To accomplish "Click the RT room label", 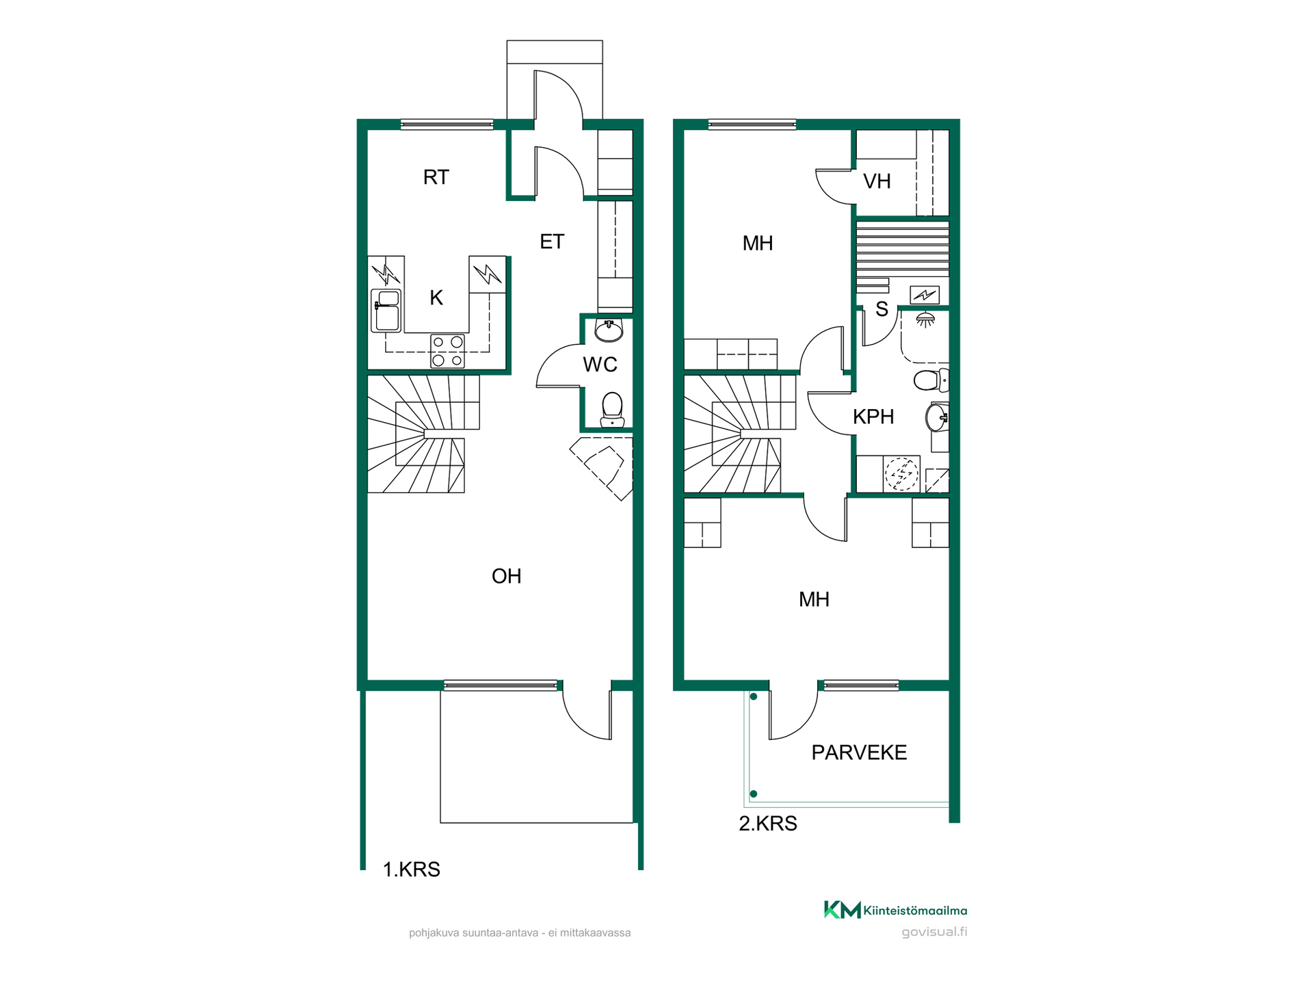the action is click(x=436, y=177).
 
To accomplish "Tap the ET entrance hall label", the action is click(x=552, y=241).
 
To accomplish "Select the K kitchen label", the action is click(x=436, y=298).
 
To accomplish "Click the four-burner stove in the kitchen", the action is click(x=448, y=351).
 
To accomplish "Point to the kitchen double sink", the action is click(x=386, y=311).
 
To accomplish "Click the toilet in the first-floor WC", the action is click(x=611, y=410).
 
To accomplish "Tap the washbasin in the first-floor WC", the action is click(x=609, y=330).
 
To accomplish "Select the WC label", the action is click(x=600, y=365).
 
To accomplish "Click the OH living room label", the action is click(x=506, y=576).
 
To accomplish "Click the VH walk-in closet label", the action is click(x=877, y=181).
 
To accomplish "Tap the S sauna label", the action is click(x=881, y=310).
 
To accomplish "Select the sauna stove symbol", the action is click(x=925, y=295).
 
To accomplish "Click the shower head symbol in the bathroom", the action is click(x=925, y=320).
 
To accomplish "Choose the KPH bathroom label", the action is click(x=873, y=417).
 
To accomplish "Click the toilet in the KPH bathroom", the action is click(x=931, y=380).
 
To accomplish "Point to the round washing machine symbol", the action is click(x=902, y=473).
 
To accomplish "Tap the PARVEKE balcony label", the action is click(x=859, y=752).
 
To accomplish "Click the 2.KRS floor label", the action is click(x=768, y=824).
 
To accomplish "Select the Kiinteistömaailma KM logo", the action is click(x=843, y=910).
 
